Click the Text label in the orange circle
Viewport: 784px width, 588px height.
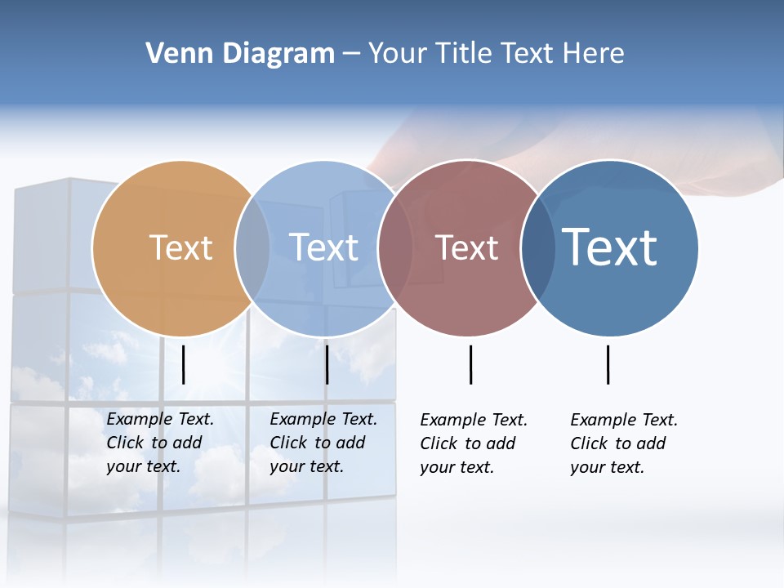tap(180, 247)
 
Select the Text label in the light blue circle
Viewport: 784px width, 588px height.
tap(324, 247)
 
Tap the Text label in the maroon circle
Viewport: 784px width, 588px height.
tap(466, 248)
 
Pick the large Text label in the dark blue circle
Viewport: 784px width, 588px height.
tap(610, 247)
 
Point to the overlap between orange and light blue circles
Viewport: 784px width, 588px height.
tap(252, 248)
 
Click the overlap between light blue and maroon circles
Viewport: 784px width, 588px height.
tap(395, 248)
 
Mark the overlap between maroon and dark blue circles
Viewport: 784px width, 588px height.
tap(537, 248)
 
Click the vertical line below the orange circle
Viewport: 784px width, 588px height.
tap(184, 364)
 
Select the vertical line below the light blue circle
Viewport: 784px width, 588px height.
tap(327, 364)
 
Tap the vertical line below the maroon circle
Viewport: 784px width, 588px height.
tap(470, 364)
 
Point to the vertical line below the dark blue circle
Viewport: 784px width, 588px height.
tap(608, 364)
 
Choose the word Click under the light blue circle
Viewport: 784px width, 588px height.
tap(288, 443)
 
